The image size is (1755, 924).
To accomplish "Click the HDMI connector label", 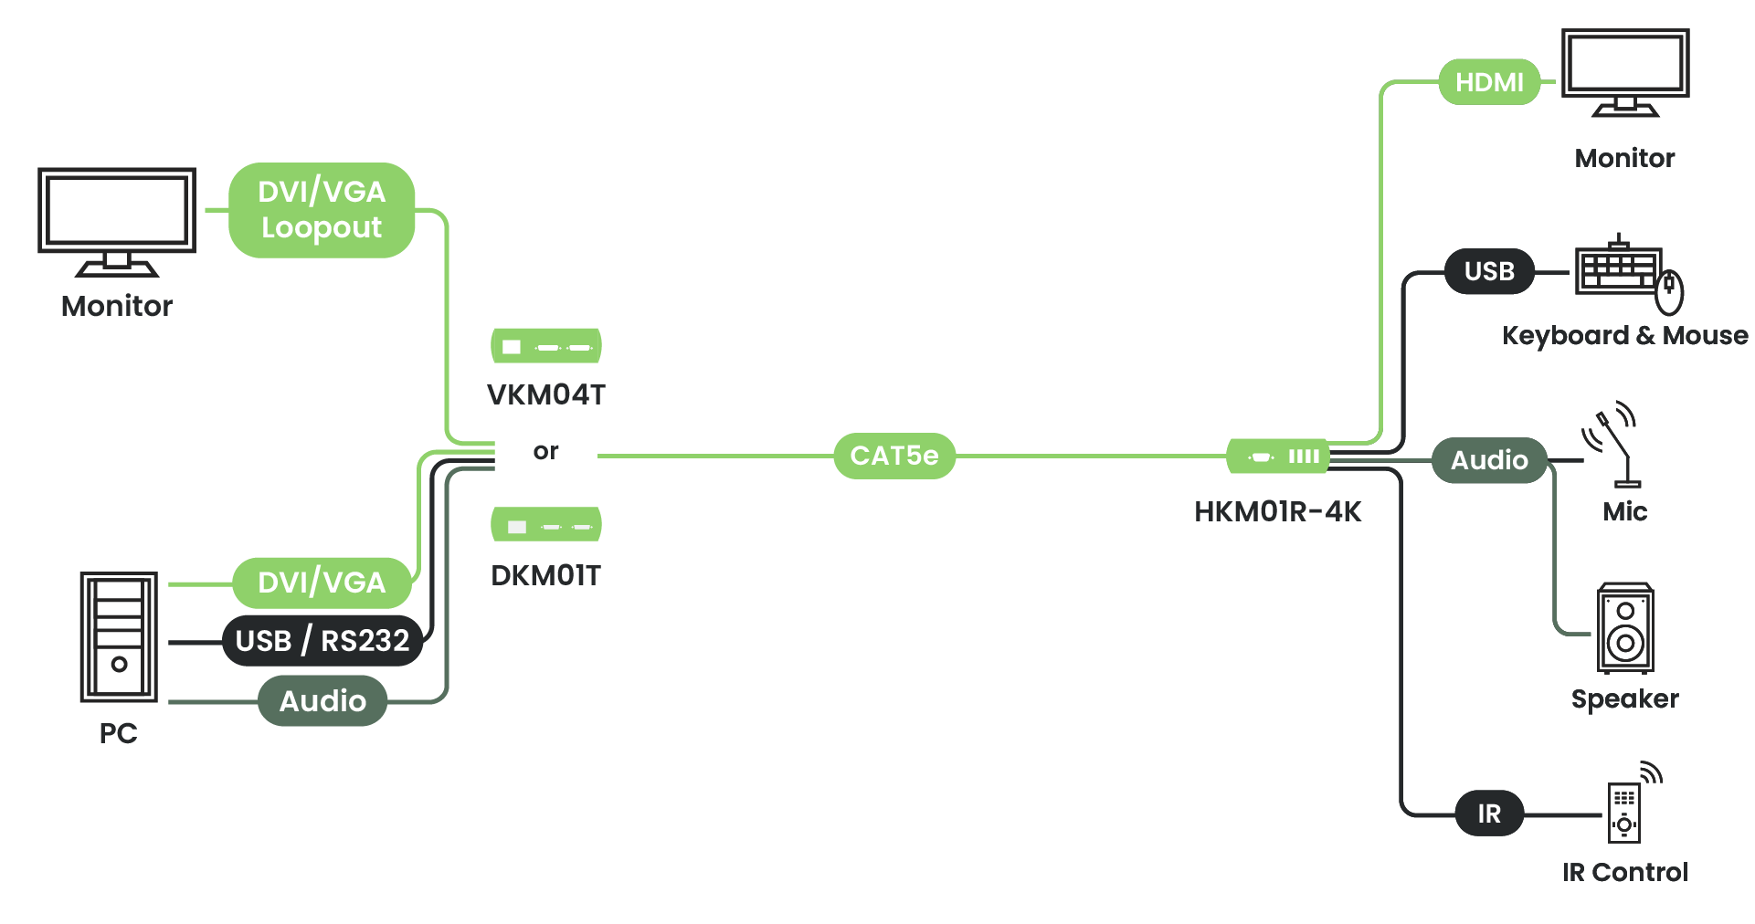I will [1489, 82].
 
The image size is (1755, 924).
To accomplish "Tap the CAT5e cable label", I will [893, 456].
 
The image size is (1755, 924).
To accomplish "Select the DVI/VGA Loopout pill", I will [322, 210].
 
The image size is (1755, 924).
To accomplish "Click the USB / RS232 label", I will [322, 641].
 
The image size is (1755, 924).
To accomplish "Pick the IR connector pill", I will [1489, 814].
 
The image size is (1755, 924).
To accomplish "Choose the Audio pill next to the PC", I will [322, 701].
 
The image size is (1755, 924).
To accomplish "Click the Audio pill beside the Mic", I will [1489, 460].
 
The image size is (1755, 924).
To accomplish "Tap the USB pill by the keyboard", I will [1489, 271].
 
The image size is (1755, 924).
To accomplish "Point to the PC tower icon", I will [119, 637].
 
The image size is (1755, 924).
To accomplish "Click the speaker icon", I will [1625, 628].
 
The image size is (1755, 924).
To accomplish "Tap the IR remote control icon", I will [1624, 811].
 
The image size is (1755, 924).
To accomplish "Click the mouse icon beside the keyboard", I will [1670, 291].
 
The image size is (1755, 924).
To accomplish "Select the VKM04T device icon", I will [546, 346].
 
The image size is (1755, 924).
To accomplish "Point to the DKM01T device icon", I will [546, 525].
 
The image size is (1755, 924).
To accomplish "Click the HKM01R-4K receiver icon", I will [1277, 457].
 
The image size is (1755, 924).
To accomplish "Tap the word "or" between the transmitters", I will [545, 451].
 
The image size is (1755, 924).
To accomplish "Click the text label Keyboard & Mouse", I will [1624, 336].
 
